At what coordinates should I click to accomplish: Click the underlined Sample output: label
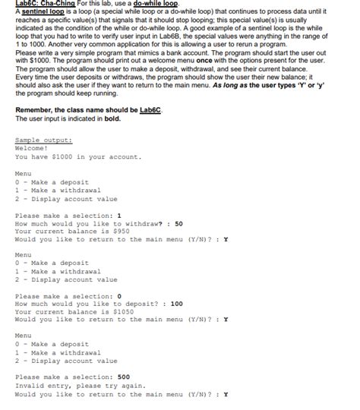(44, 140)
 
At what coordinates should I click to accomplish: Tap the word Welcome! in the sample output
(31, 149)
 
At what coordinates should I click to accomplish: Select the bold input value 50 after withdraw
(178, 224)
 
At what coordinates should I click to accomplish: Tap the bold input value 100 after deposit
(176, 303)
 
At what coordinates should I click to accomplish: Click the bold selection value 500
(123, 377)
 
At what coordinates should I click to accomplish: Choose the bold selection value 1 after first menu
(119, 216)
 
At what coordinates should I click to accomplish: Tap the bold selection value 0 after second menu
(119, 295)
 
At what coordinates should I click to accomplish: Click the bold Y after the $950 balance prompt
(226, 240)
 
